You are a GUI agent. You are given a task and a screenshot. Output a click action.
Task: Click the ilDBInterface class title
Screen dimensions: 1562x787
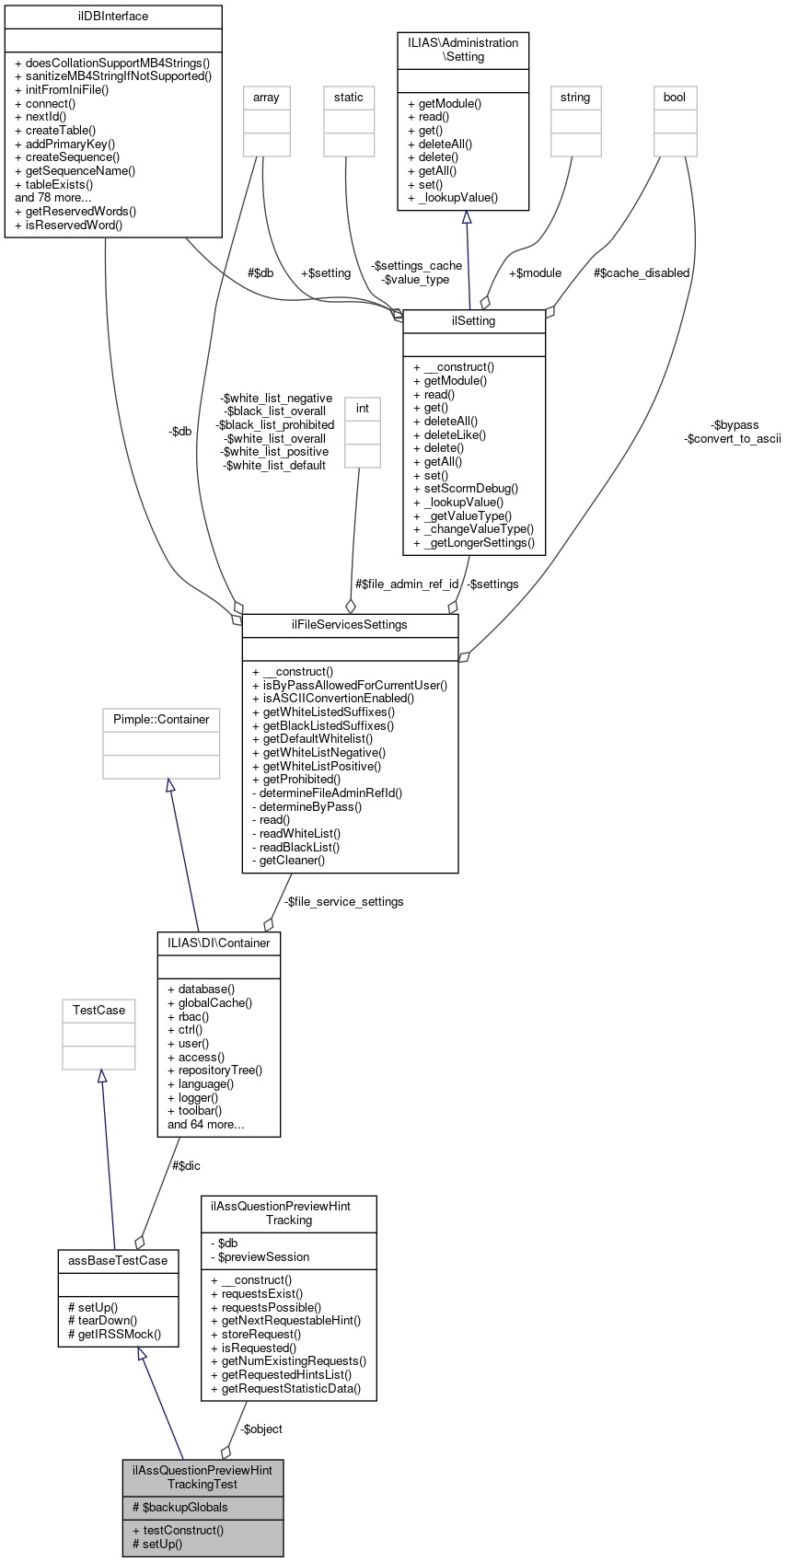click(x=113, y=17)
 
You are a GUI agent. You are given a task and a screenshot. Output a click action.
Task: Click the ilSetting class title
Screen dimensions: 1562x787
click(x=474, y=321)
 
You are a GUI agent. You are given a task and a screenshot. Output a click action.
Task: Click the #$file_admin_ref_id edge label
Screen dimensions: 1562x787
click(x=407, y=584)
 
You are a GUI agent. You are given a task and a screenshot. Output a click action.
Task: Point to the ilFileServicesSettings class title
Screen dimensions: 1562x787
click(x=350, y=625)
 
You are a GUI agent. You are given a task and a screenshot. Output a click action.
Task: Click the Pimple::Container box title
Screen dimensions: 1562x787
click(x=161, y=720)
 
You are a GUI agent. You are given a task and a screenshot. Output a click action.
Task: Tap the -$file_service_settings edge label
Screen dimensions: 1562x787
click(x=343, y=902)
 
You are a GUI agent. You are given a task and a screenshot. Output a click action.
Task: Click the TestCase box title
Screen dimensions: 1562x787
click(x=98, y=1011)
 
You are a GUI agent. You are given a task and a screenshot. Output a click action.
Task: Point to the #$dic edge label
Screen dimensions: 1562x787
click(x=186, y=1166)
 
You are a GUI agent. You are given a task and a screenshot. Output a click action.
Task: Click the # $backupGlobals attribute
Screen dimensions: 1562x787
click(x=180, y=1508)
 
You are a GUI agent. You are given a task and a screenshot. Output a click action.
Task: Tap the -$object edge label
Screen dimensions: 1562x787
click(x=261, y=1429)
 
